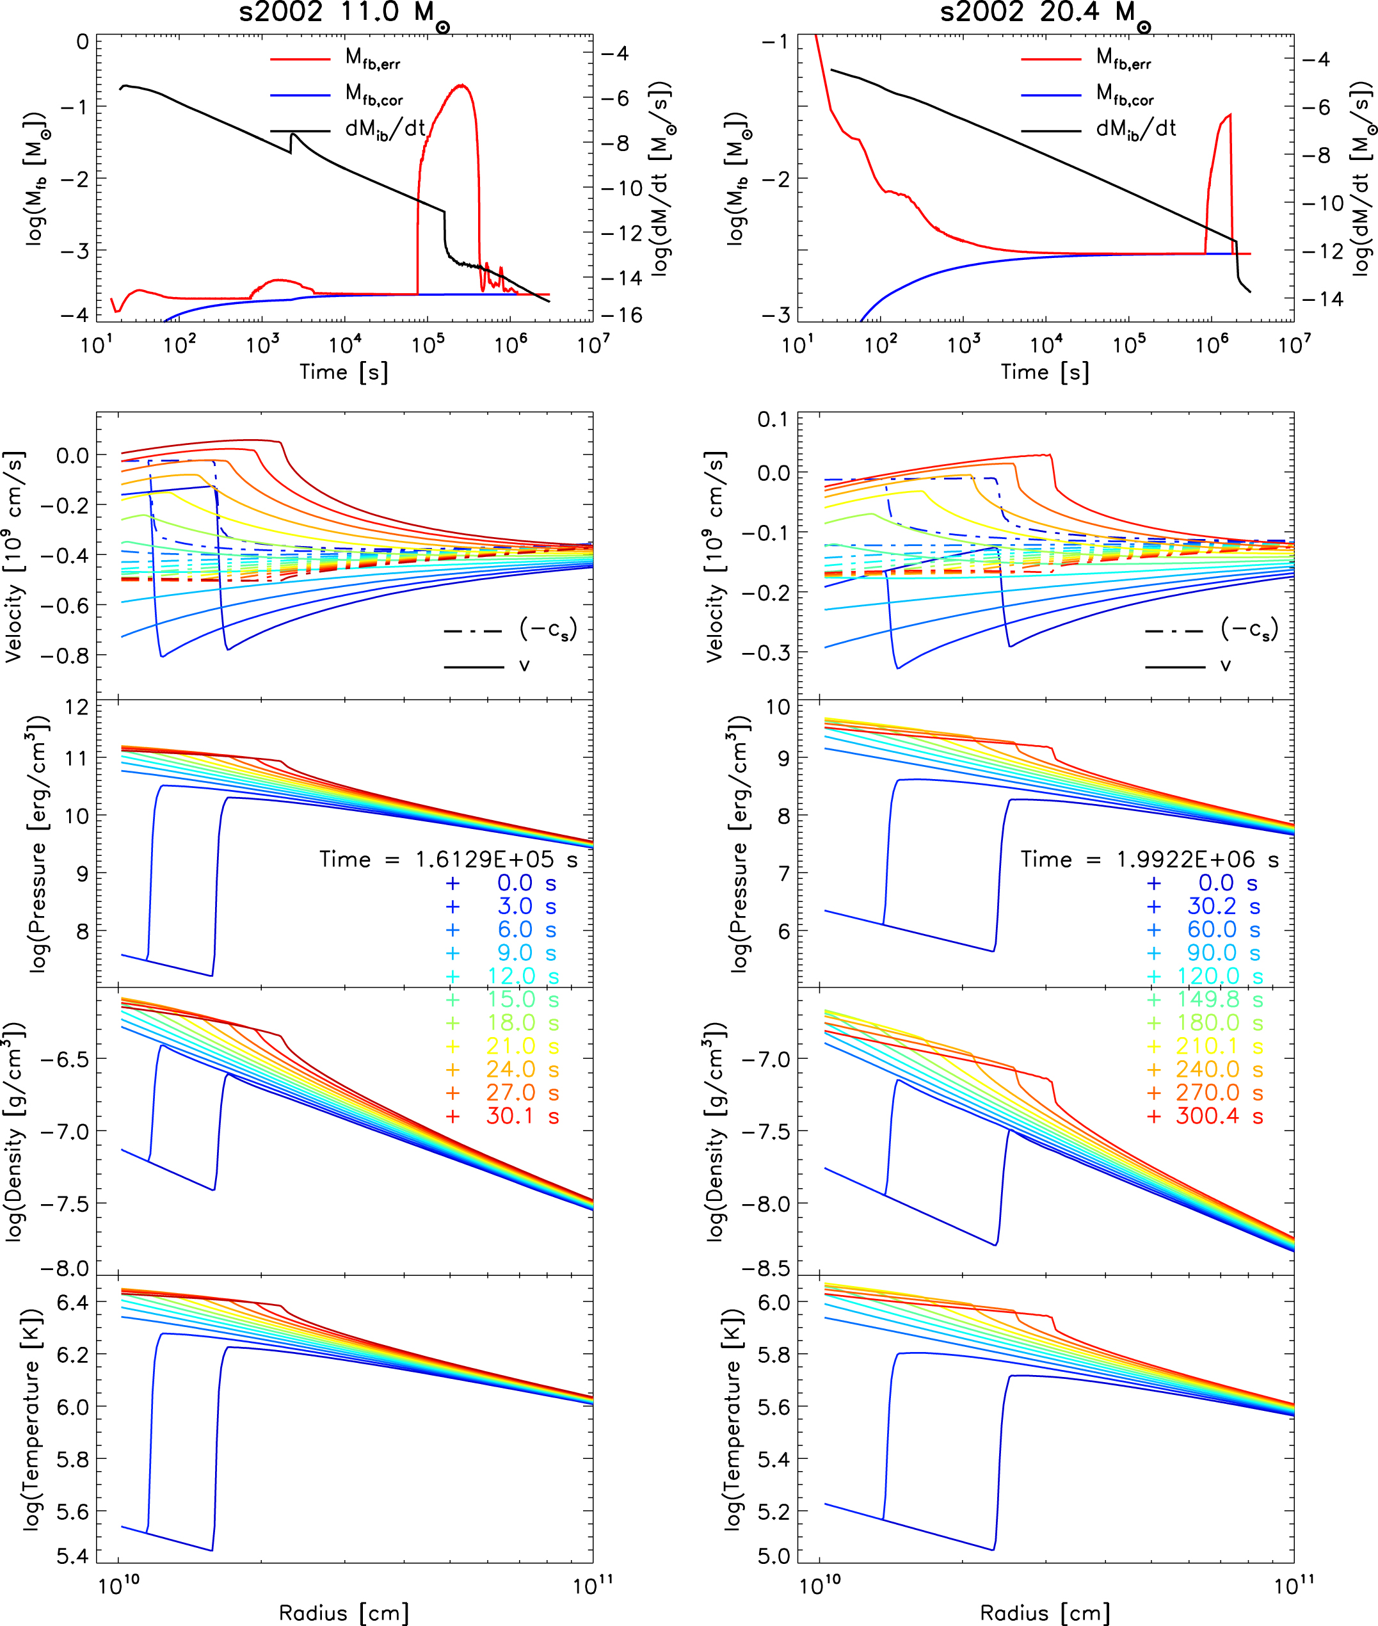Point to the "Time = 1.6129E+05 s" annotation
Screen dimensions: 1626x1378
pyautogui.click(x=449, y=860)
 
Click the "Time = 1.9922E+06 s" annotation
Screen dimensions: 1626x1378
pyautogui.click(x=1150, y=860)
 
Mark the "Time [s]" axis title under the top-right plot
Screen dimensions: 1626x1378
pyautogui.click(x=1045, y=372)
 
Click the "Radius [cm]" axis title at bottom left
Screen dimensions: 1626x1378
pyautogui.click(x=344, y=1613)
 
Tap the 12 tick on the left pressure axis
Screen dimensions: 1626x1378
pyautogui.click(x=77, y=708)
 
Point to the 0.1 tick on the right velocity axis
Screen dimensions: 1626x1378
pyautogui.click(x=773, y=419)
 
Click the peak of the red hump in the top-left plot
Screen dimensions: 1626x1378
pyautogui.click(x=463, y=85)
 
